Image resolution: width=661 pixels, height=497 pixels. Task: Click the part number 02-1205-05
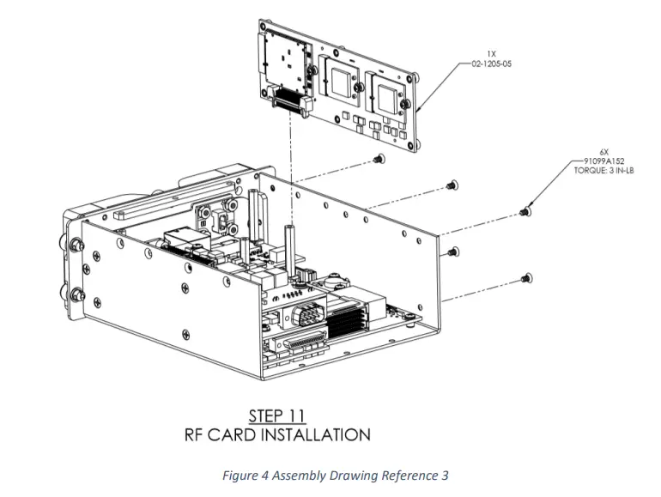pyautogui.click(x=492, y=64)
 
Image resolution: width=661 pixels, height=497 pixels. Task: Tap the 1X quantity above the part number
pyautogui.click(x=492, y=56)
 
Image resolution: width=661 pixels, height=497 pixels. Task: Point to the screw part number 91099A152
pyautogui.click(x=603, y=161)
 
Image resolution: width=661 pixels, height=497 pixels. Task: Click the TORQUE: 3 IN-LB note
pyautogui.click(x=603, y=170)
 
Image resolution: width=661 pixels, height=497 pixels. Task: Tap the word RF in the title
pyautogui.click(x=197, y=434)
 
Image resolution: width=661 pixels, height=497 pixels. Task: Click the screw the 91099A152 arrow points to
pyautogui.click(x=525, y=210)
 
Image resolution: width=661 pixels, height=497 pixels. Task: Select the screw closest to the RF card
pyautogui.click(x=380, y=159)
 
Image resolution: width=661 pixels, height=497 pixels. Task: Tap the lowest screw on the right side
pyautogui.click(x=525, y=278)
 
